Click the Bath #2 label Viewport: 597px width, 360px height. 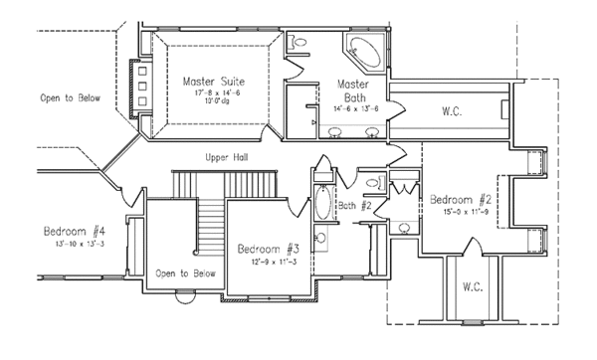click(353, 206)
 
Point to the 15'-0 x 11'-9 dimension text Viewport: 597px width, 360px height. click(461, 210)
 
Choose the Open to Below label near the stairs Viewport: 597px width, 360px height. click(185, 272)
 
